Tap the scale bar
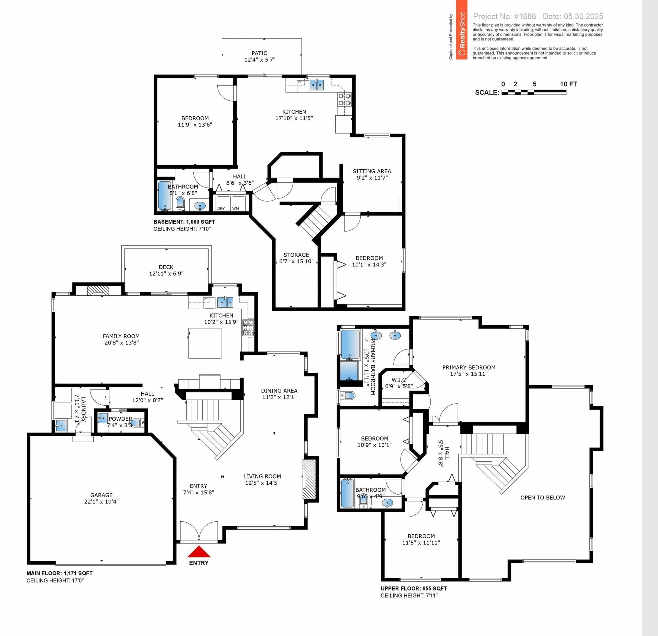coord(534,92)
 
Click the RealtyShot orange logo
coord(462,30)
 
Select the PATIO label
coord(259,53)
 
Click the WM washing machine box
coord(238,203)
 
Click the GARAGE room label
coord(102,495)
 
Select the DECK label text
coord(166,267)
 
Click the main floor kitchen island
coord(205,343)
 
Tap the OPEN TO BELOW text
coord(543,497)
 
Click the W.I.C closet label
coord(399,379)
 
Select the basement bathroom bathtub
coord(165,196)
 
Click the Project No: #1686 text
coord(504,16)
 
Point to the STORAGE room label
coord(296,255)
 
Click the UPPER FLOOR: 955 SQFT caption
coord(414,588)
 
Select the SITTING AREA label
coord(372,171)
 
